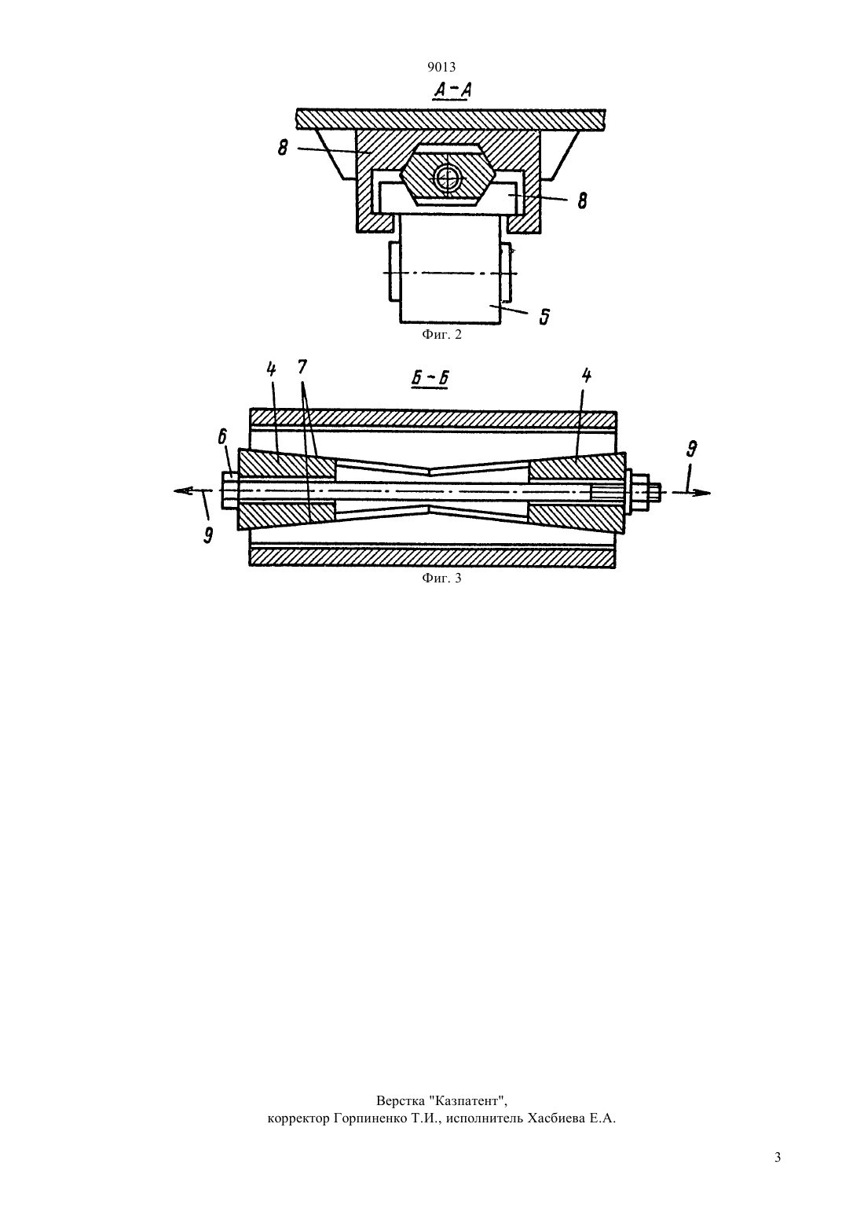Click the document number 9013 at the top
click(441, 67)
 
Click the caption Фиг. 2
click(441, 335)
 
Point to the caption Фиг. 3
click(441, 578)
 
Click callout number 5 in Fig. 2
click(544, 317)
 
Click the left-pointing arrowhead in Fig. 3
click(183, 491)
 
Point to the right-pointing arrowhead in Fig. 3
click(702, 493)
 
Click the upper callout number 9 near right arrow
click(691, 450)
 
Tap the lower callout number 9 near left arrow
click(208, 535)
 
